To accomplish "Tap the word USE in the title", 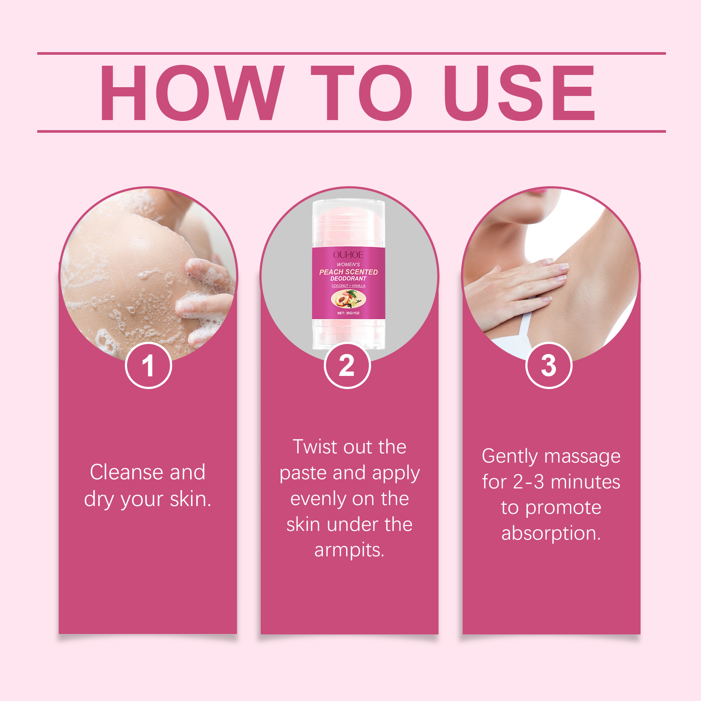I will pyautogui.click(x=519, y=92).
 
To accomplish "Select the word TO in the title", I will pyautogui.click(x=361, y=92).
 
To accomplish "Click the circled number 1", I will pyautogui.click(x=149, y=365).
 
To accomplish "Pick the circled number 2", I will pyautogui.click(x=347, y=365).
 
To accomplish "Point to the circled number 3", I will pyautogui.click(x=549, y=365).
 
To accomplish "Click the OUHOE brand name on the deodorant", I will pyautogui.click(x=348, y=255).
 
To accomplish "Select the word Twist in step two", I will pyautogui.click(x=315, y=447).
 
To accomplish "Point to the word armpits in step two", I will pyautogui.click(x=349, y=550).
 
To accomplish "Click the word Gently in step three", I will pyautogui.click(x=510, y=457).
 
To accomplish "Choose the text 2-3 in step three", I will pyautogui.click(x=528, y=482).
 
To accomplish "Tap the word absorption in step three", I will pyautogui.click(x=551, y=534).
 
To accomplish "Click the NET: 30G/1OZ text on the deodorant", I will pyautogui.click(x=348, y=313).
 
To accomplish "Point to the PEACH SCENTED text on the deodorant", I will pyautogui.click(x=348, y=272).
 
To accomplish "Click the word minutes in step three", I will pyautogui.click(x=585, y=482).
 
